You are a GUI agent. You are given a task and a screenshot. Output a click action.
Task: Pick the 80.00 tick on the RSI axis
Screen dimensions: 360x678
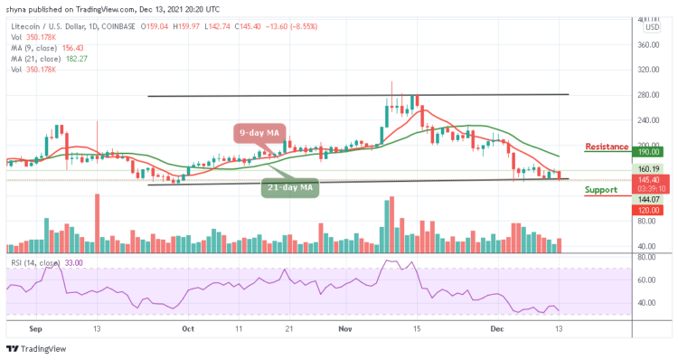tap(647, 257)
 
